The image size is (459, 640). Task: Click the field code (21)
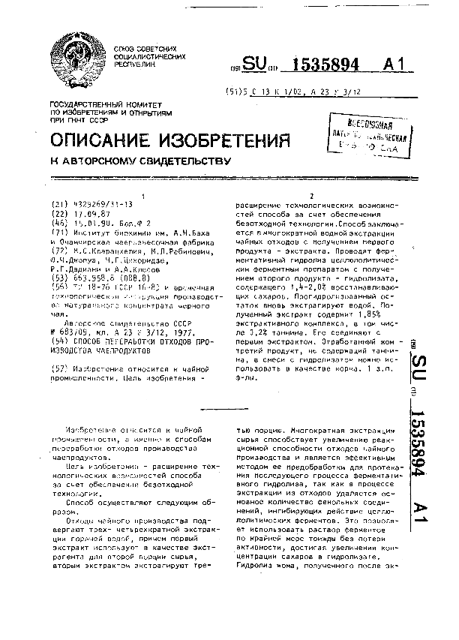click(58, 203)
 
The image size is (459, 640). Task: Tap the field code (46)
click(58, 223)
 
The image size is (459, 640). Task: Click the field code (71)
click(58, 233)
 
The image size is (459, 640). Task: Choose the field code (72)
click(58, 243)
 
